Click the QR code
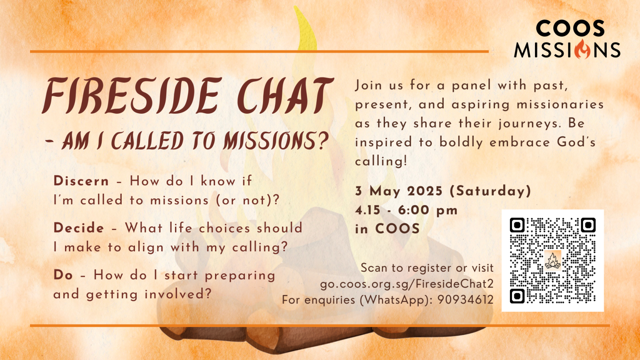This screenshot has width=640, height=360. pyautogui.click(x=552, y=260)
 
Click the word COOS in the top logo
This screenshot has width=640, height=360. pyautogui.click(x=570, y=29)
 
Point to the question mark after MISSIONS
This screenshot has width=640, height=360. pyautogui.click(x=321, y=141)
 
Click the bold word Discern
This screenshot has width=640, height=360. pyautogui.click(x=81, y=181)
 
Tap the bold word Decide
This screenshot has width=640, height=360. pyautogui.click(x=79, y=228)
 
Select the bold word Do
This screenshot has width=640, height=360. pyautogui.click(x=63, y=275)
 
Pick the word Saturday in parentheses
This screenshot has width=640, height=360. pyautogui.click(x=490, y=191)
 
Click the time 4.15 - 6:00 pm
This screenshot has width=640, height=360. pyautogui.click(x=406, y=210)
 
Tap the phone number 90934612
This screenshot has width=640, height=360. pyautogui.click(x=465, y=300)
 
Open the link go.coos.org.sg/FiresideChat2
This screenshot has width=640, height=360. pyautogui.click(x=407, y=284)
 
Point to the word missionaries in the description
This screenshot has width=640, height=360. pyautogui.click(x=560, y=104)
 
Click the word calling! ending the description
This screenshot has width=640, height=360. pyautogui.click(x=381, y=161)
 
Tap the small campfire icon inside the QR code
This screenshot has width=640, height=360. pyautogui.click(x=552, y=261)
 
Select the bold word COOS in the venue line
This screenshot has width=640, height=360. pyautogui.click(x=397, y=229)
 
